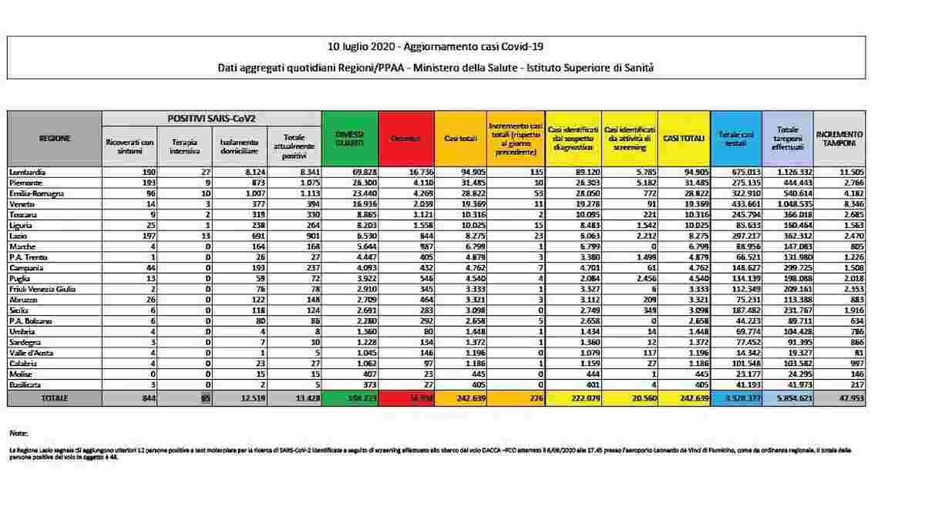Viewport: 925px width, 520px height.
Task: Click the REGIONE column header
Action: point(55,138)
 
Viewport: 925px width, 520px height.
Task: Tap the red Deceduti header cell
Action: point(405,138)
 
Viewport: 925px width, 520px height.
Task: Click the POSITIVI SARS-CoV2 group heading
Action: point(211,118)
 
